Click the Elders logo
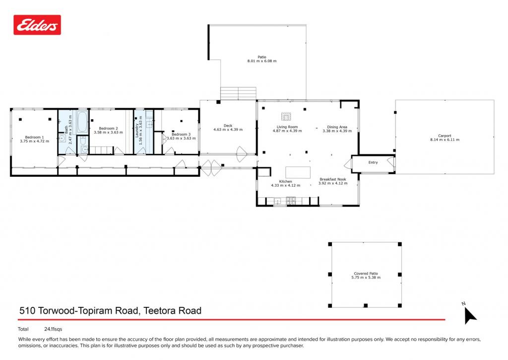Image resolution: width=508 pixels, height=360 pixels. tap(37, 25)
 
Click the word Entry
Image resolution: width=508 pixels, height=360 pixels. tap(373, 162)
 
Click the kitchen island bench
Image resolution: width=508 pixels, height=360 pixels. tap(298, 172)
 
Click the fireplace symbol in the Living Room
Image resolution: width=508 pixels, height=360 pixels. tap(286, 116)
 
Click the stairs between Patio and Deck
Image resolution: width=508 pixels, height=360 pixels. tap(238, 93)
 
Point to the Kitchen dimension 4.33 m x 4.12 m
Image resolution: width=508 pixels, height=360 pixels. tap(285, 186)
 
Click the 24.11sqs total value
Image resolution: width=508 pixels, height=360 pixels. tap(53, 329)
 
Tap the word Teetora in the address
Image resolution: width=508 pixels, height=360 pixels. tap(159, 310)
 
